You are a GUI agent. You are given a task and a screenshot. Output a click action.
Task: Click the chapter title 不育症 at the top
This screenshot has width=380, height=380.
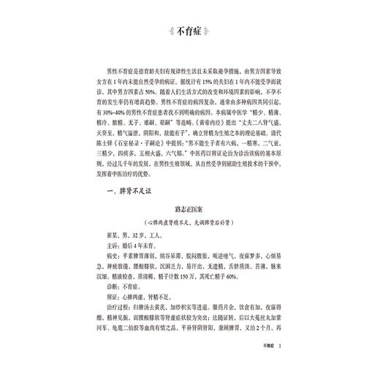point(190,31)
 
